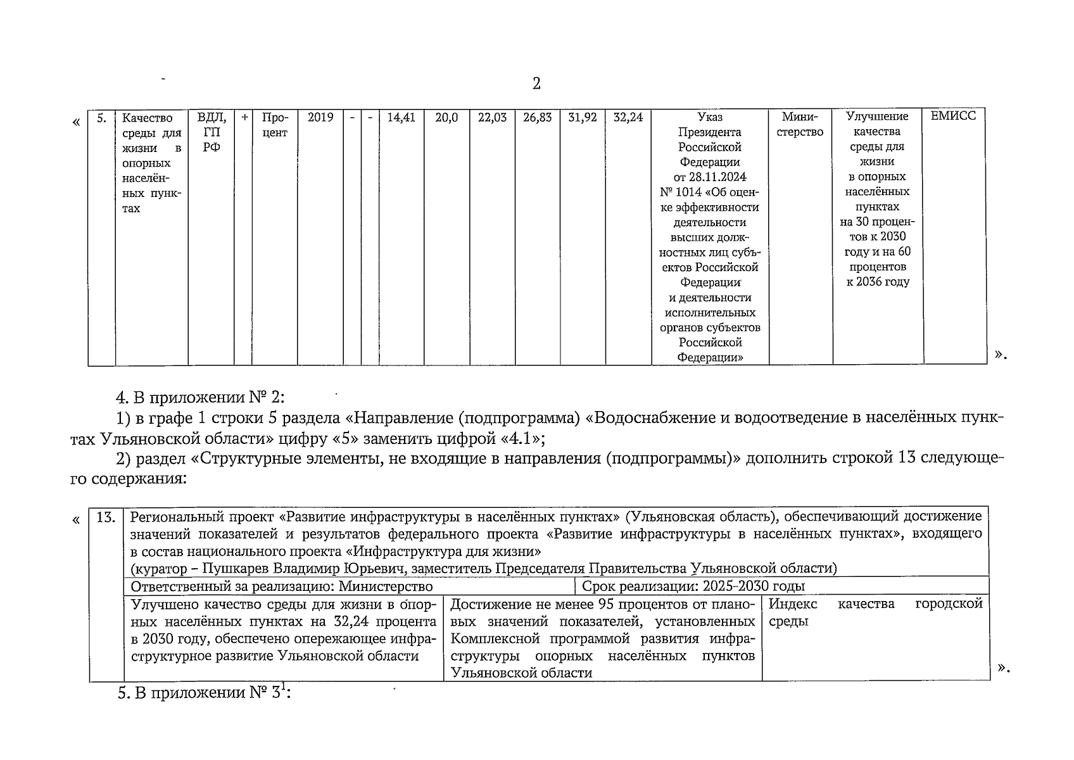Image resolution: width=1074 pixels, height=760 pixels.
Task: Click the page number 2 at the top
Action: (x=536, y=84)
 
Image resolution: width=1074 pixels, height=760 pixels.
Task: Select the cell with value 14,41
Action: (x=401, y=117)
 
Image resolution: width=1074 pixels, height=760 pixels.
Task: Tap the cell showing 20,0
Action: (x=446, y=117)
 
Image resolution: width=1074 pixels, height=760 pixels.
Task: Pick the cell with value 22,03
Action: (x=492, y=117)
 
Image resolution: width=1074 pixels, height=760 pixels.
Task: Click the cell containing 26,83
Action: (x=537, y=117)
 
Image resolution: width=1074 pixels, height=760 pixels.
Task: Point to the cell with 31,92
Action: (x=583, y=117)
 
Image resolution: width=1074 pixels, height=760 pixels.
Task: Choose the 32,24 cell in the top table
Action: (x=628, y=117)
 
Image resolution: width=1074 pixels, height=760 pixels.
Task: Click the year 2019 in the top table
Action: (x=320, y=117)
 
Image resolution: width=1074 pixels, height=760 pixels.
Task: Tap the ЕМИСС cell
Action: (x=953, y=117)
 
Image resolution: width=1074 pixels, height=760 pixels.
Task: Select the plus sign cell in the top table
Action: (x=243, y=117)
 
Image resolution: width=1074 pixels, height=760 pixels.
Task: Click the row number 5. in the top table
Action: (x=101, y=118)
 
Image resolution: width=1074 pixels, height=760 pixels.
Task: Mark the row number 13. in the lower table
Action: (x=106, y=517)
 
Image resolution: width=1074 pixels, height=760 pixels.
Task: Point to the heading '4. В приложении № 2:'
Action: (x=201, y=398)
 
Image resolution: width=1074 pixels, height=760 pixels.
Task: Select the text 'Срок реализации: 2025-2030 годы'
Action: (x=693, y=586)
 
